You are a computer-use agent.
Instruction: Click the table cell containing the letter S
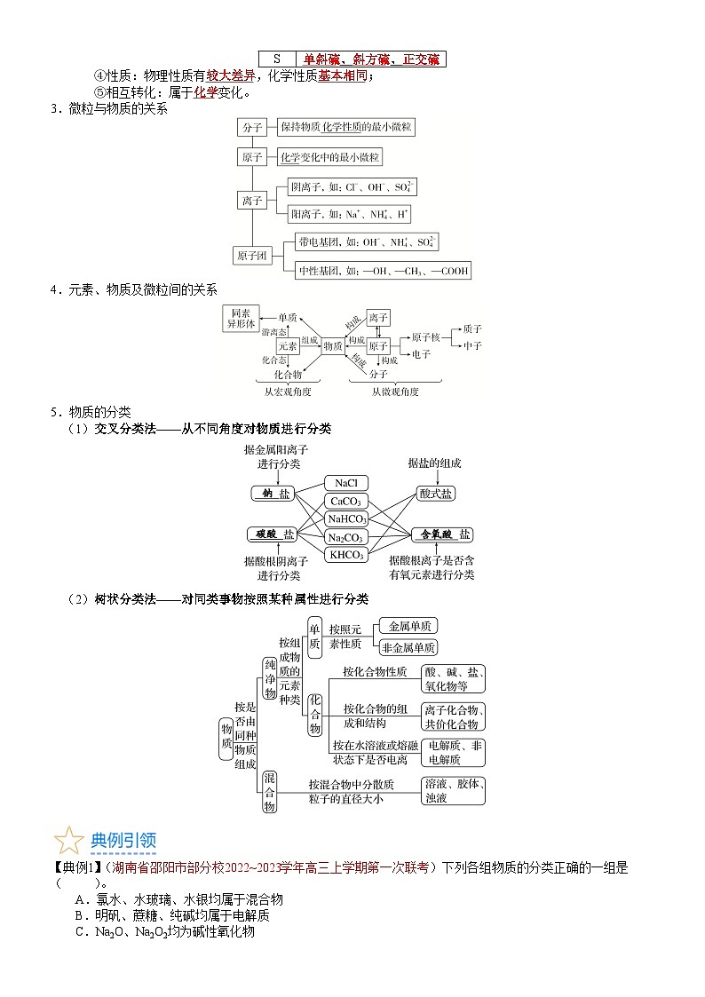click(276, 59)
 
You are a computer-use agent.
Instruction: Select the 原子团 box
click(250, 257)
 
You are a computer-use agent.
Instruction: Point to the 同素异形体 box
click(241, 319)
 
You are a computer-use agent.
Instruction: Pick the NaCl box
click(345, 482)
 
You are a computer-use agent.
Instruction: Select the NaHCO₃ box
click(345, 519)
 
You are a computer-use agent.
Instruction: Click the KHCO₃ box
click(345, 555)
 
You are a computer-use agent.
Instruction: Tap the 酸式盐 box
click(435, 495)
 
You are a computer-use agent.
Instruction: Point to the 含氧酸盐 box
click(441, 534)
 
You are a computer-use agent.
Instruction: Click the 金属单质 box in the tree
click(408, 626)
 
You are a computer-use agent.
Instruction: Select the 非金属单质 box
click(408, 647)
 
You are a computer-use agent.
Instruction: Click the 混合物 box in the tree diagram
click(269, 791)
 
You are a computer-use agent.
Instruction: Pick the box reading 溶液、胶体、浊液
click(453, 790)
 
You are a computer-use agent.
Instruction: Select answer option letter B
click(79, 915)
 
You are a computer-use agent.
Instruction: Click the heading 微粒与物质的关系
click(115, 108)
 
